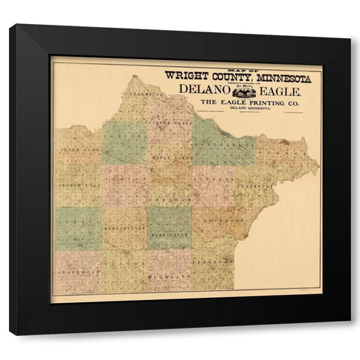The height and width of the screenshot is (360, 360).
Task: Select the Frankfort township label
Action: (x=259, y=180)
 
